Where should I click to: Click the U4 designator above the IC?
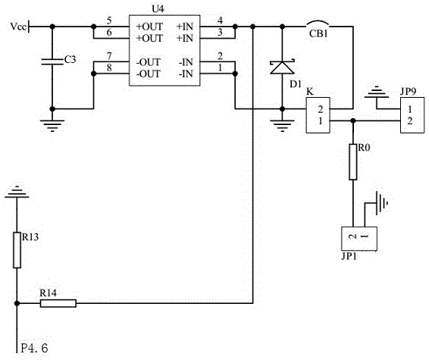(x=158, y=9)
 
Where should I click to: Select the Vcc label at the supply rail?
(x=18, y=27)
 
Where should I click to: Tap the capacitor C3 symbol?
(x=52, y=62)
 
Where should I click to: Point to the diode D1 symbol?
(x=283, y=67)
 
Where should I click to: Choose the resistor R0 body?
(x=353, y=162)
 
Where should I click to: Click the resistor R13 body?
(x=17, y=250)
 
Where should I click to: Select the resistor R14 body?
(x=58, y=303)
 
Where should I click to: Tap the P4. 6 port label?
(x=34, y=348)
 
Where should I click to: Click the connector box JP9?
(x=412, y=115)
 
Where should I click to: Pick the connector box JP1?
(x=359, y=239)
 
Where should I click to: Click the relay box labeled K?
(x=318, y=115)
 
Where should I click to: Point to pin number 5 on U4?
(x=109, y=20)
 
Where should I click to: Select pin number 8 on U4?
(x=109, y=67)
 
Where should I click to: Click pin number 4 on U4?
(x=220, y=20)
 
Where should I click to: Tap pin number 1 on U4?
(x=221, y=67)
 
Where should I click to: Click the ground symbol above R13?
(x=17, y=192)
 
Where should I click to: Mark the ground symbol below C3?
(x=52, y=125)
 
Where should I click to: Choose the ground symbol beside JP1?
(x=382, y=202)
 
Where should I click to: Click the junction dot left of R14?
(x=17, y=303)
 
